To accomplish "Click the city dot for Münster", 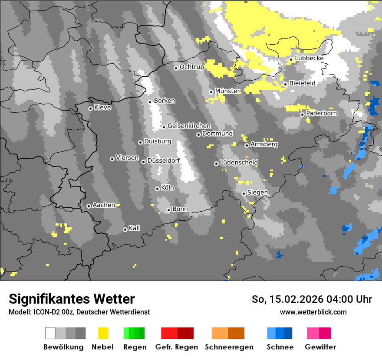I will click(211, 92).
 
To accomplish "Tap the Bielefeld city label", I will click(302, 83).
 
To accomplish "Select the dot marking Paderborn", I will click(303, 115).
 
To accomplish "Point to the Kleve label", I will click(102, 108).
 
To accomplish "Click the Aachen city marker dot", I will click(89, 206).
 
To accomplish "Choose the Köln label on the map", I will click(167, 188).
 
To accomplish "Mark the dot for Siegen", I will click(244, 193).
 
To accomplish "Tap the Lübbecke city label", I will click(309, 58).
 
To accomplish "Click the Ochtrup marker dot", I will click(176, 68).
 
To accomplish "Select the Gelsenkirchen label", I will click(189, 126).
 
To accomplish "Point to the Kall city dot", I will click(125, 229).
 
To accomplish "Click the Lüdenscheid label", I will click(239, 163).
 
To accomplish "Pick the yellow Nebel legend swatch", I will click(103, 333).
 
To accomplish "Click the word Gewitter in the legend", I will click(320, 347).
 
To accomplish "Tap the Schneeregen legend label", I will click(229, 347).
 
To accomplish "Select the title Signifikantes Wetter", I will click(72, 299).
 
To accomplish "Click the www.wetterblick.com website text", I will click(313, 312).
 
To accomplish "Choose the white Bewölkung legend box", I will click(50, 333).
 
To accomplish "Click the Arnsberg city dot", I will click(247, 145).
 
